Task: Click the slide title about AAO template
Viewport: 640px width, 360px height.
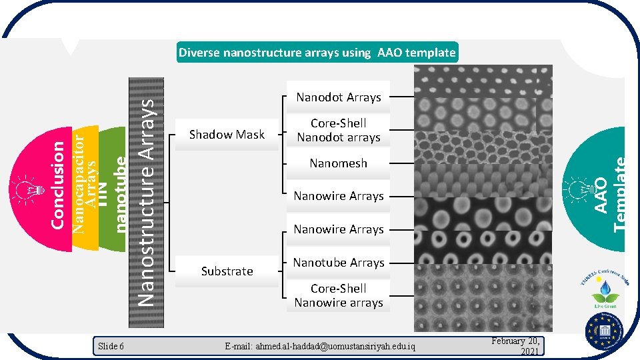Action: pos(317,53)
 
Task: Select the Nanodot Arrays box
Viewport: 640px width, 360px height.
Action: pos(338,97)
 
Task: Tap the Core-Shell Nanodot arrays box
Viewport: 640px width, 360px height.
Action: pos(338,131)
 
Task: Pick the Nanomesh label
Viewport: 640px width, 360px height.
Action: pos(338,163)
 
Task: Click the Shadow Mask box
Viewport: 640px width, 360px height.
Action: pos(227,135)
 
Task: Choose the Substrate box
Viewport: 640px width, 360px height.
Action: pos(227,271)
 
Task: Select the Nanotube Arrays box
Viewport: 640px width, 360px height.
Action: pos(338,263)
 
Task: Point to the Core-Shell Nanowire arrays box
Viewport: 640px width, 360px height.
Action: pos(338,295)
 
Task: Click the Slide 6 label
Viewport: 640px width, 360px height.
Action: pos(111,346)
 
